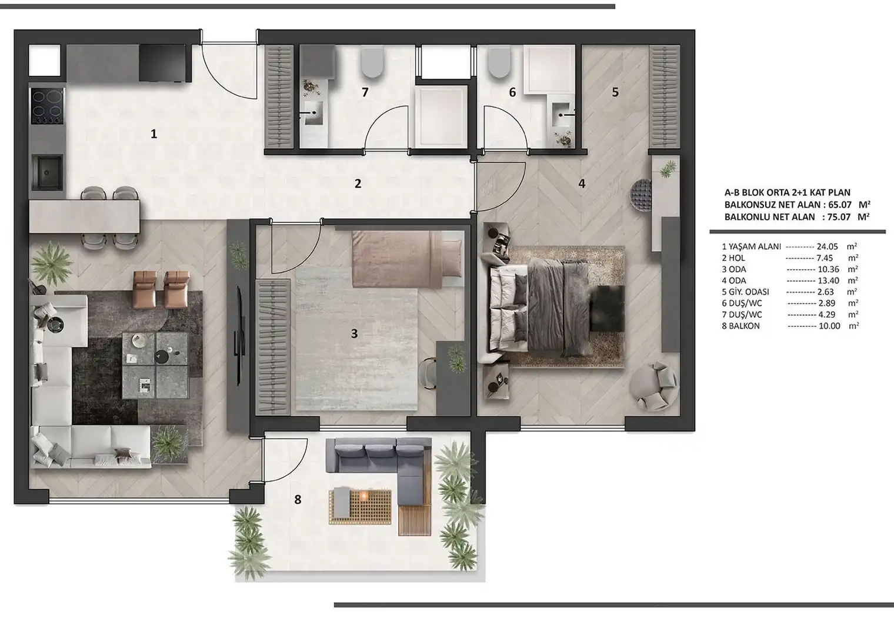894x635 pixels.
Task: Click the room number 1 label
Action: coord(154,133)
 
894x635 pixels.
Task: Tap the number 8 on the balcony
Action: coord(298,499)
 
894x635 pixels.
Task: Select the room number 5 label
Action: coord(615,92)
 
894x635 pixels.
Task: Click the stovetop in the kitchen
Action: coord(47,106)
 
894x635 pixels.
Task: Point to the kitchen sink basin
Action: coord(47,172)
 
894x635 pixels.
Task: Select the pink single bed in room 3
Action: coord(408,259)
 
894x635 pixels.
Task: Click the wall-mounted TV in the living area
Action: coord(239,336)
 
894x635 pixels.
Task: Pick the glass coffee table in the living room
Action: coord(155,365)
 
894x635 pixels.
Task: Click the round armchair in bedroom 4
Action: coord(654,387)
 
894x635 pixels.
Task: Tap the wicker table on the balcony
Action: coord(359,507)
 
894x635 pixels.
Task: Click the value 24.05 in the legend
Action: coord(827,246)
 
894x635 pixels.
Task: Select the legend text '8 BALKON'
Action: coord(735,326)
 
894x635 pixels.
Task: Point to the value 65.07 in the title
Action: coord(840,205)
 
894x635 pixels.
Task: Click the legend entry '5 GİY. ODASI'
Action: coord(745,292)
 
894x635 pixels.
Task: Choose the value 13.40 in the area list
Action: coord(828,281)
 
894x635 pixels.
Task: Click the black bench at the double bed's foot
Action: coord(606,308)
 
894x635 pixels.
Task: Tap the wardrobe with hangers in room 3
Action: coord(273,347)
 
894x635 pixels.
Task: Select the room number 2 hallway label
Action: coord(358,183)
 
